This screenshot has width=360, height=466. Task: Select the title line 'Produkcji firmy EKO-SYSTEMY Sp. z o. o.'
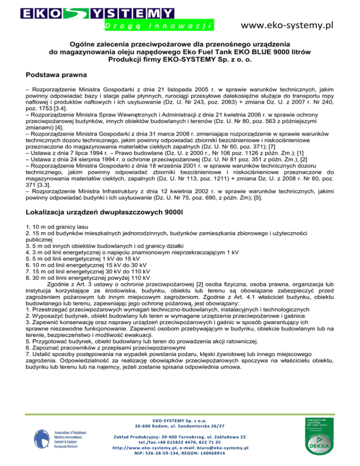(180, 60)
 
